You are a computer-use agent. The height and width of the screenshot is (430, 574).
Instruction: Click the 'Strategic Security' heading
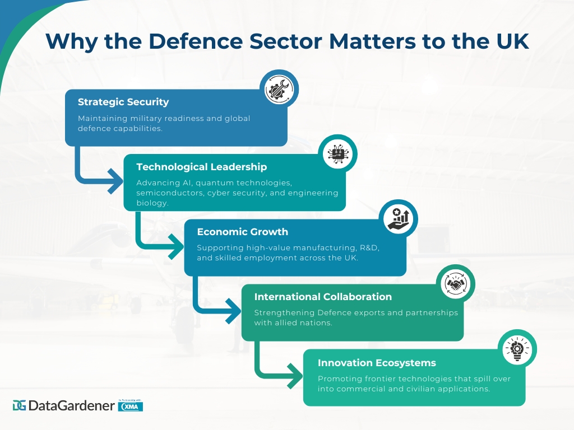(x=123, y=102)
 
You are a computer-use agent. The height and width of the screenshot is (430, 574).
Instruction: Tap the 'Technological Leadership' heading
(x=202, y=167)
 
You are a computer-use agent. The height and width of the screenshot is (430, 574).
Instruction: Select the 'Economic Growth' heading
(x=243, y=232)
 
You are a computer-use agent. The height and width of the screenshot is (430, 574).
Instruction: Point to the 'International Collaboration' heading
(x=323, y=297)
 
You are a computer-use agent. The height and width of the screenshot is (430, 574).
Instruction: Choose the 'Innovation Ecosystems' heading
(x=377, y=363)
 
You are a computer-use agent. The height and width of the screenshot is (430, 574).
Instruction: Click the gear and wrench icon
(x=279, y=89)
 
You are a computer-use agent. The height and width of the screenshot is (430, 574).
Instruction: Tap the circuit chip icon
(x=337, y=154)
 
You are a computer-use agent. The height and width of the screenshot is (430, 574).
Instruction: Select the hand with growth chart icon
(x=399, y=219)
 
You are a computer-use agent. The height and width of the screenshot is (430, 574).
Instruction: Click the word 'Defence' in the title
(x=196, y=41)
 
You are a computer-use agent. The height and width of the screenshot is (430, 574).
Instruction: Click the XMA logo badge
(x=130, y=406)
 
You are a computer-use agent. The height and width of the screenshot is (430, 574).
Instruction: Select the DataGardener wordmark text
(x=71, y=405)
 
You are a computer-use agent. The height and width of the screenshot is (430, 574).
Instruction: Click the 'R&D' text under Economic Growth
(x=369, y=248)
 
